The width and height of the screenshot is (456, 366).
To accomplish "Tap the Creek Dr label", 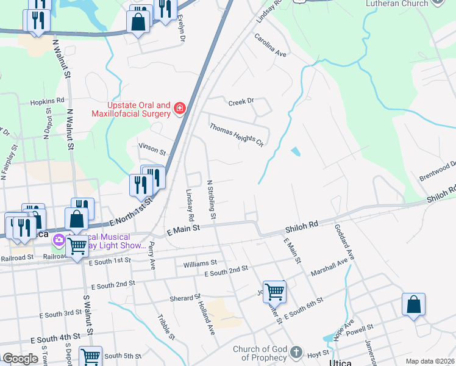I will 240,102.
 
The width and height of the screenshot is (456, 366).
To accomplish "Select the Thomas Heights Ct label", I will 236,134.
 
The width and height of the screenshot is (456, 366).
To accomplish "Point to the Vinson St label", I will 152,148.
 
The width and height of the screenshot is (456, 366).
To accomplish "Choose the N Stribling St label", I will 212,199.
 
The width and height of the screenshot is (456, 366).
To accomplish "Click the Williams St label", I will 200,264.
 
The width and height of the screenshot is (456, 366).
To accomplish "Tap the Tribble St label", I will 166,326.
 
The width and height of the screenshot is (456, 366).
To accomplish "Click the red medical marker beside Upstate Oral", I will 179,109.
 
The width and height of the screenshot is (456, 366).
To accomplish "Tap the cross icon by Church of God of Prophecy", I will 296,353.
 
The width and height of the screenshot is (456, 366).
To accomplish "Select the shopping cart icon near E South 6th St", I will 274,291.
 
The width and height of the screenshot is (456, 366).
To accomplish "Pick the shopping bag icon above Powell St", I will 413,304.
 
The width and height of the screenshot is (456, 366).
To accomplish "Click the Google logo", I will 20,359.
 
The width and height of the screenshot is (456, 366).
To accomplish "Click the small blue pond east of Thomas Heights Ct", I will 296,151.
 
